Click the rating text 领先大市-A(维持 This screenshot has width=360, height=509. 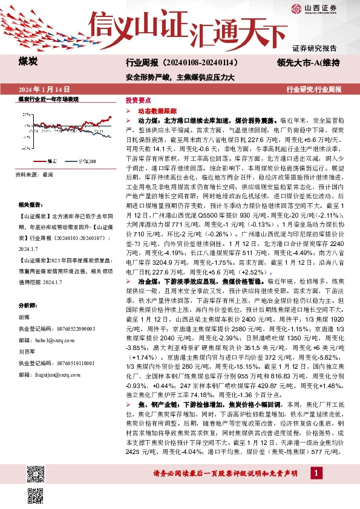click(x=307, y=62)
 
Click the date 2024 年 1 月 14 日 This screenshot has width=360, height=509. click(x=45, y=90)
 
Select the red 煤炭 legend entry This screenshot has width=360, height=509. click(x=44, y=161)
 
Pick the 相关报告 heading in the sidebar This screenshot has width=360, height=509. click(x=31, y=206)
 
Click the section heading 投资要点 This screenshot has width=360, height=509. click(x=137, y=99)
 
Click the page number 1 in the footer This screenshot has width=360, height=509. click(x=316, y=488)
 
